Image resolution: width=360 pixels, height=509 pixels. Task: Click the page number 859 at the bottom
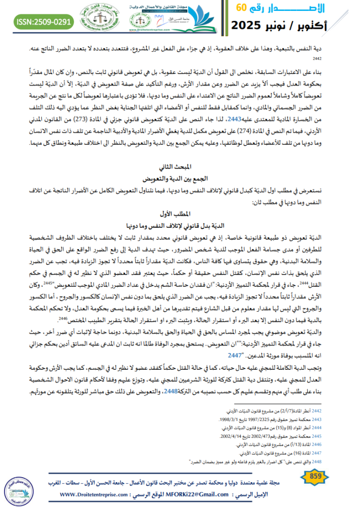point(316,478)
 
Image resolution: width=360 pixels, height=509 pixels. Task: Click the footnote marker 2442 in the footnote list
point(331,410)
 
